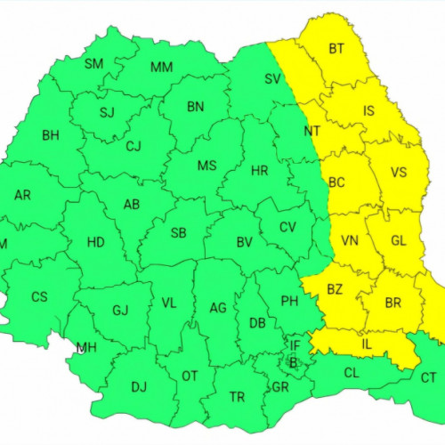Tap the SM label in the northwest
[93, 64]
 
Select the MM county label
[161, 68]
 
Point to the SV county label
[272, 78]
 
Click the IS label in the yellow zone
[368, 111]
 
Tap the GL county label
[398, 240]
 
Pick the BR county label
[393, 303]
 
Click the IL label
[367, 344]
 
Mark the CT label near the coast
[428, 377]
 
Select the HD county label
[95, 241]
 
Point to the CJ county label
[133, 147]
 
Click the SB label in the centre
[178, 233]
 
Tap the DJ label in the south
[139, 386]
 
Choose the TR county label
[237, 397]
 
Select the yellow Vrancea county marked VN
[349, 240]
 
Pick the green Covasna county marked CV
[287, 227]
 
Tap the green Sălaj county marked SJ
[108, 112]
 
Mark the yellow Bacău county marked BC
[336, 182]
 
